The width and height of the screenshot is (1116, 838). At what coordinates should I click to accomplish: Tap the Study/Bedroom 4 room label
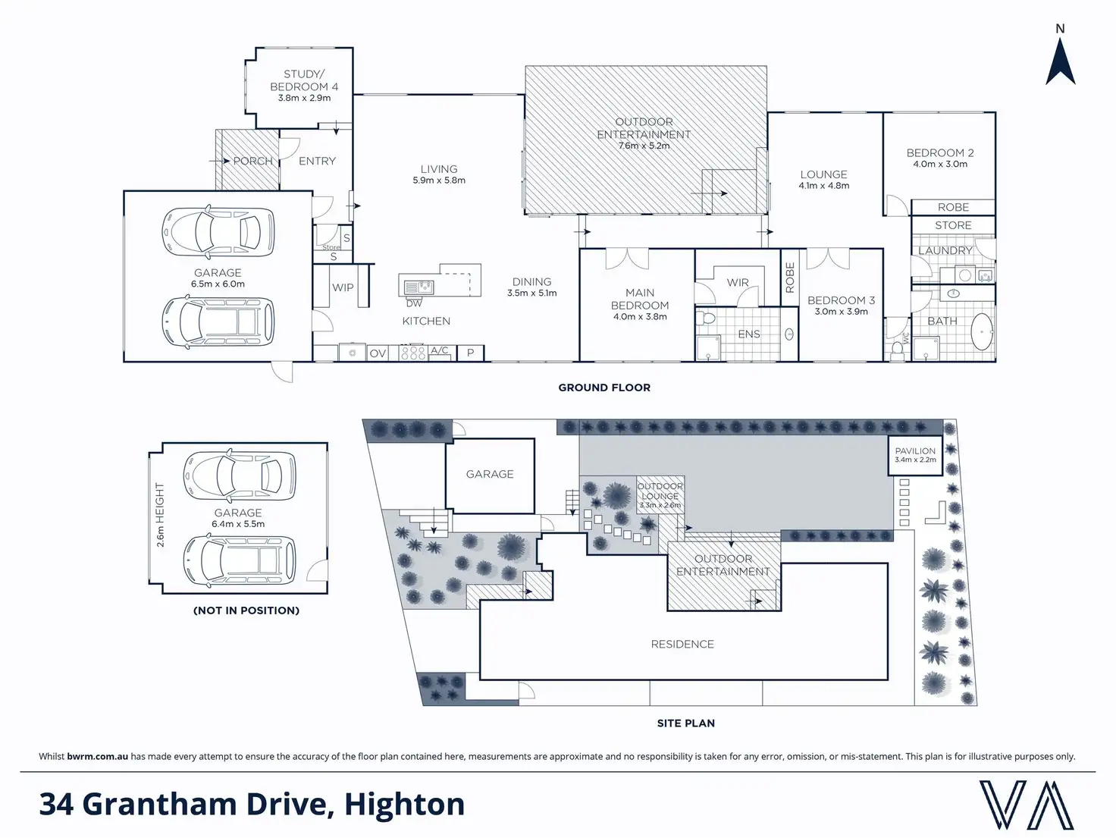[304, 80]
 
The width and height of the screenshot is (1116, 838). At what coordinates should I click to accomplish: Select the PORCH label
[252, 161]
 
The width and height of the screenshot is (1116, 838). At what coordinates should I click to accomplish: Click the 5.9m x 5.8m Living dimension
[439, 180]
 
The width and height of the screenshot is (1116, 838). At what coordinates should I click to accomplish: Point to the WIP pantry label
[343, 287]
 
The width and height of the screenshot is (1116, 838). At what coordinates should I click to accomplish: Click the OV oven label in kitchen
[378, 353]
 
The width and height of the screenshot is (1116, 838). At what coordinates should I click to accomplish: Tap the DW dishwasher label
[413, 303]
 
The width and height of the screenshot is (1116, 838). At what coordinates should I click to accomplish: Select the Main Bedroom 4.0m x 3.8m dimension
[640, 317]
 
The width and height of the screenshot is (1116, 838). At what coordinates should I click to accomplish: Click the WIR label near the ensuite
[738, 282]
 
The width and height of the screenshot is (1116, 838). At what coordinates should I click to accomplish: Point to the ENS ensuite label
[749, 334]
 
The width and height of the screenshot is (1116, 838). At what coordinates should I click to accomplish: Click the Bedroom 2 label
[940, 152]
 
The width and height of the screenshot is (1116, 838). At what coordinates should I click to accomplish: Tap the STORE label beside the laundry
[953, 225]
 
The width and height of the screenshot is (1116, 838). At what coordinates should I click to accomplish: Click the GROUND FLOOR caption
[604, 388]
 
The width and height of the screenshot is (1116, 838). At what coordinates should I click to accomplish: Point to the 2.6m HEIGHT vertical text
[160, 515]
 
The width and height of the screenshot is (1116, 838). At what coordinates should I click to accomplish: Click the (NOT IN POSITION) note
[246, 610]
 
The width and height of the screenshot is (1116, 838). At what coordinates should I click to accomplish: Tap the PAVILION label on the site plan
[915, 450]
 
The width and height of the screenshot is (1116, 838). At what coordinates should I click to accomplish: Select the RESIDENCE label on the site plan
[682, 644]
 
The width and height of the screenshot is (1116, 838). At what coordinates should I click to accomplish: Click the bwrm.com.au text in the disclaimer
[97, 756]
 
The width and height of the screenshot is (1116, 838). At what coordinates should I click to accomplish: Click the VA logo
[1027, 805]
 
